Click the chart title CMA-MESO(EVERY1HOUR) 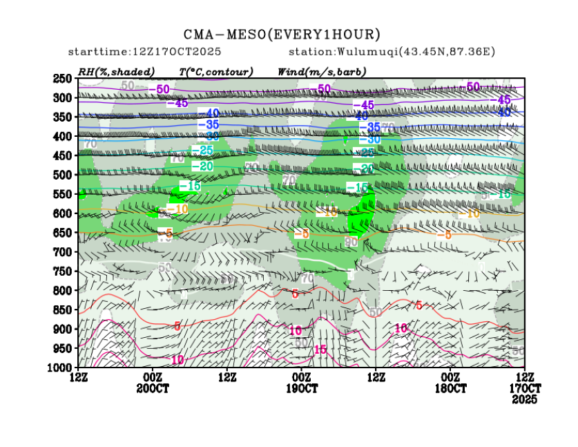pyautogui.click(x=282, y=34)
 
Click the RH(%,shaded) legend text pyautogui.click(x=116, y=71)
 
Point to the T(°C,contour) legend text pyautogui.click(x=215, y=71)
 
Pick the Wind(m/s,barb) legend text pyautogui.click(x=321, y=71)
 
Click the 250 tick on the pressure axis pyautogui.click(x=63, y=79)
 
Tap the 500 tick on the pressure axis pyautogui.click(x=63, y=175)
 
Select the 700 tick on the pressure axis pyautogui.click(x=63, y=252)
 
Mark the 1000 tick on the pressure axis pyautogui.click(x=61, y=368)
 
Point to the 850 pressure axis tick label pyautogui.click(x=63, y=310)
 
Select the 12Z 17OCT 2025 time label pyautogui.click(x=526, y=388)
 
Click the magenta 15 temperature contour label pyautogui.click(x=320, y=350)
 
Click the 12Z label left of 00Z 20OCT pyautogui.click(x=78, y=377)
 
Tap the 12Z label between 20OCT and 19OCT pyautogui.click(x=227, y=377)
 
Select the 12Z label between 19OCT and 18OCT pyautogui.click(x=376, y=377)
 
